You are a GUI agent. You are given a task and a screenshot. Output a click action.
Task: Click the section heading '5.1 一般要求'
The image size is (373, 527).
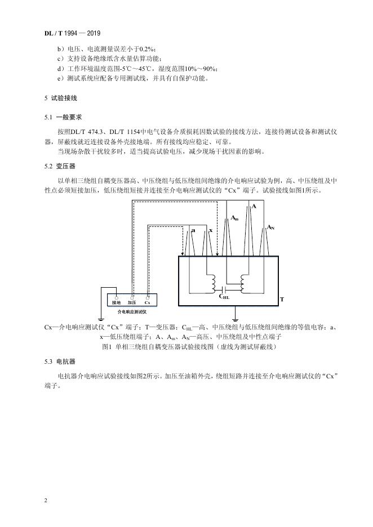[64, 118]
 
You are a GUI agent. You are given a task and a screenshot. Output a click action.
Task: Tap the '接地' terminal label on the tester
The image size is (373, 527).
[116, 302]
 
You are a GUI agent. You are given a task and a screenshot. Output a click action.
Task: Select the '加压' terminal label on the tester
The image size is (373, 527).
[132, 302]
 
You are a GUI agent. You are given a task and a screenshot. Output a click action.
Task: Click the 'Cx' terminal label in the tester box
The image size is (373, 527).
[147, 302]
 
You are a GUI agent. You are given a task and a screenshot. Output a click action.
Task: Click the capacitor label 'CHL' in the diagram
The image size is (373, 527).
[224, 296]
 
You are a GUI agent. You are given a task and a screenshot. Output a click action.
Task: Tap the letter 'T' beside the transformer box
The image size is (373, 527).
[281, 300]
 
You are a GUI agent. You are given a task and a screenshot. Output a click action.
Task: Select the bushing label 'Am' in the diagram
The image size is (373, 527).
[234, 217]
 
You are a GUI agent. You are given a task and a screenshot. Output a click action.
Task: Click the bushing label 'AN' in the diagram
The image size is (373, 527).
[270, 227]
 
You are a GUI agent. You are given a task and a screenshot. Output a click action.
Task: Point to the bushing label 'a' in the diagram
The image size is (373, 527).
[193, 231]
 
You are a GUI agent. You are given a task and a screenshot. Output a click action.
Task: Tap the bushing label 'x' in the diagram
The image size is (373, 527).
[210, 231]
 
